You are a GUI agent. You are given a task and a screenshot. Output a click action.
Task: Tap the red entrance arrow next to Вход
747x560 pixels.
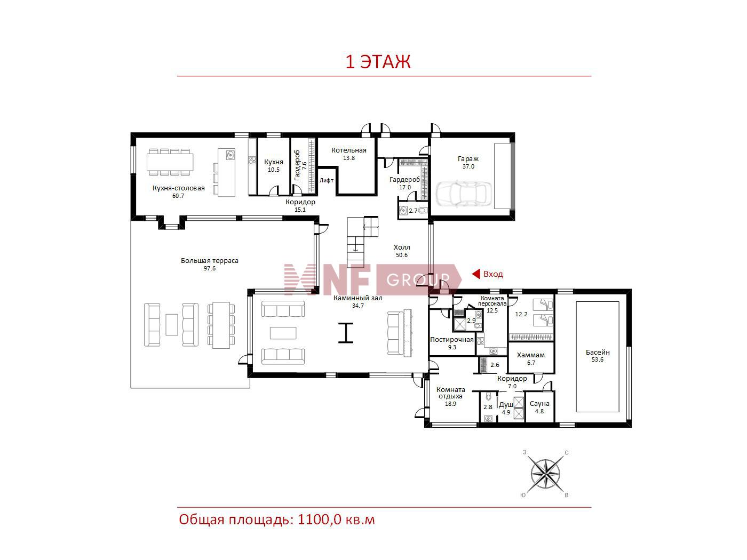coord(476,274)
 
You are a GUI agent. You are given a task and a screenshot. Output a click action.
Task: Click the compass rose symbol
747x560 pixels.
coord(545,474)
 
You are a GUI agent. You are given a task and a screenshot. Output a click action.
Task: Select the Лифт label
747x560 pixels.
coord(327,181)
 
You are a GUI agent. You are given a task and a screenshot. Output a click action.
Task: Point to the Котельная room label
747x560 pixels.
coord(349,150)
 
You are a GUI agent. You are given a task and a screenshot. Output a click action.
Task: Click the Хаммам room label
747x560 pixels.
coord(530,355)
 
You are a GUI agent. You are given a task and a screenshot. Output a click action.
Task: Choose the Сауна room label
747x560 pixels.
coord(539,404)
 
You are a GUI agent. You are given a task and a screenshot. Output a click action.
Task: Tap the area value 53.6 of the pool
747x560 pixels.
coord(597,359)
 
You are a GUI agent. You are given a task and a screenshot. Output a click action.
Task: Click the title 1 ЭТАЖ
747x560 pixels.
coord(378,62)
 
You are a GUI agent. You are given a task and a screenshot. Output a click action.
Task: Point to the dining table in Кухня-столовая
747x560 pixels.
coord(170,162)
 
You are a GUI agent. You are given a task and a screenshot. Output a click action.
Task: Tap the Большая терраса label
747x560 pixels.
coord(209,261)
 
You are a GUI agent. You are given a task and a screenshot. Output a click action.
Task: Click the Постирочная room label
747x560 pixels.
coord(451,340)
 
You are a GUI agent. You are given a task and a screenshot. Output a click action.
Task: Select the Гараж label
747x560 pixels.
coord(468,159)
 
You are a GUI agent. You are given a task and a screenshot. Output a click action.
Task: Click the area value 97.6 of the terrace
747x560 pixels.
coord(209,269)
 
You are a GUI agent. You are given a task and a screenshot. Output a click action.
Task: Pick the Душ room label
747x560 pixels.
coord(506,405)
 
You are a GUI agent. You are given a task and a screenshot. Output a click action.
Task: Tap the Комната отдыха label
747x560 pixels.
coord(450,393)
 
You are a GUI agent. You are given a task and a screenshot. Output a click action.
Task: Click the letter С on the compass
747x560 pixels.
coord(567,453)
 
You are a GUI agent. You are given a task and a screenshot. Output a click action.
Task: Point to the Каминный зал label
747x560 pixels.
coord(357,298)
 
